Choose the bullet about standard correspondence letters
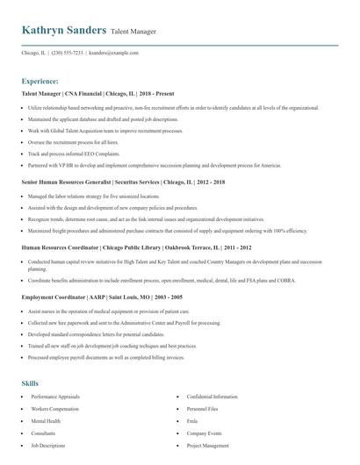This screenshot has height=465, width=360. [83, 334]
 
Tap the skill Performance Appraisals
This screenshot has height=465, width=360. [55, 397]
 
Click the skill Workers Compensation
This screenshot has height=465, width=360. [54, 409]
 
